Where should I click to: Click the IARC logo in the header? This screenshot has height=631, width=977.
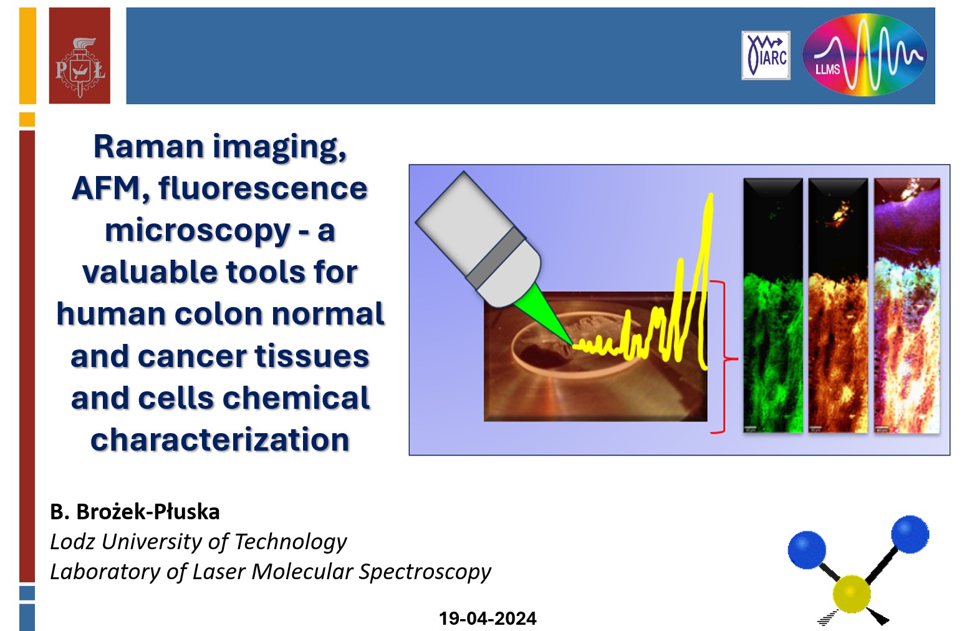click(x=766, y=56)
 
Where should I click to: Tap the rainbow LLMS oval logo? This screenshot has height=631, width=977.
click(x=865, y=54)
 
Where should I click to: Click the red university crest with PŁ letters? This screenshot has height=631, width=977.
click(x=79, y=56)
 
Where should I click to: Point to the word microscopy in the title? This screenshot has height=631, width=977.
click(x=198, y=232)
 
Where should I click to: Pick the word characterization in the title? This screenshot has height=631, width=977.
click(x=220, y=440)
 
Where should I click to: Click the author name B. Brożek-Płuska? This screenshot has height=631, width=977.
click(x=135, y=512)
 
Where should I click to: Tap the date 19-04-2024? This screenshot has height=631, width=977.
click(x=488, y=619)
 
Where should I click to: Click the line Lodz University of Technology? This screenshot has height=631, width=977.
click(x=198, y=542)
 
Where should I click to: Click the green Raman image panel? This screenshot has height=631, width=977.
click(x=773, y=306)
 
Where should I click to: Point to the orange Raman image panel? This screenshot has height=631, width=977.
click(x=839, y=306)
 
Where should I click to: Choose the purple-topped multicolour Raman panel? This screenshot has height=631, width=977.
click(x=907, y=306)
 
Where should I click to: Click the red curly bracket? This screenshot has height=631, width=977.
click(x=723, y=358)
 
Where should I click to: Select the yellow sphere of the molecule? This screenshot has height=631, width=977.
click(x=852, y=594)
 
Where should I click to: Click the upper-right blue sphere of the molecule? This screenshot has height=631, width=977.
click(x=910, y=534)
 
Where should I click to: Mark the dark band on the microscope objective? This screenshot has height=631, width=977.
click(x=496, y=257)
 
